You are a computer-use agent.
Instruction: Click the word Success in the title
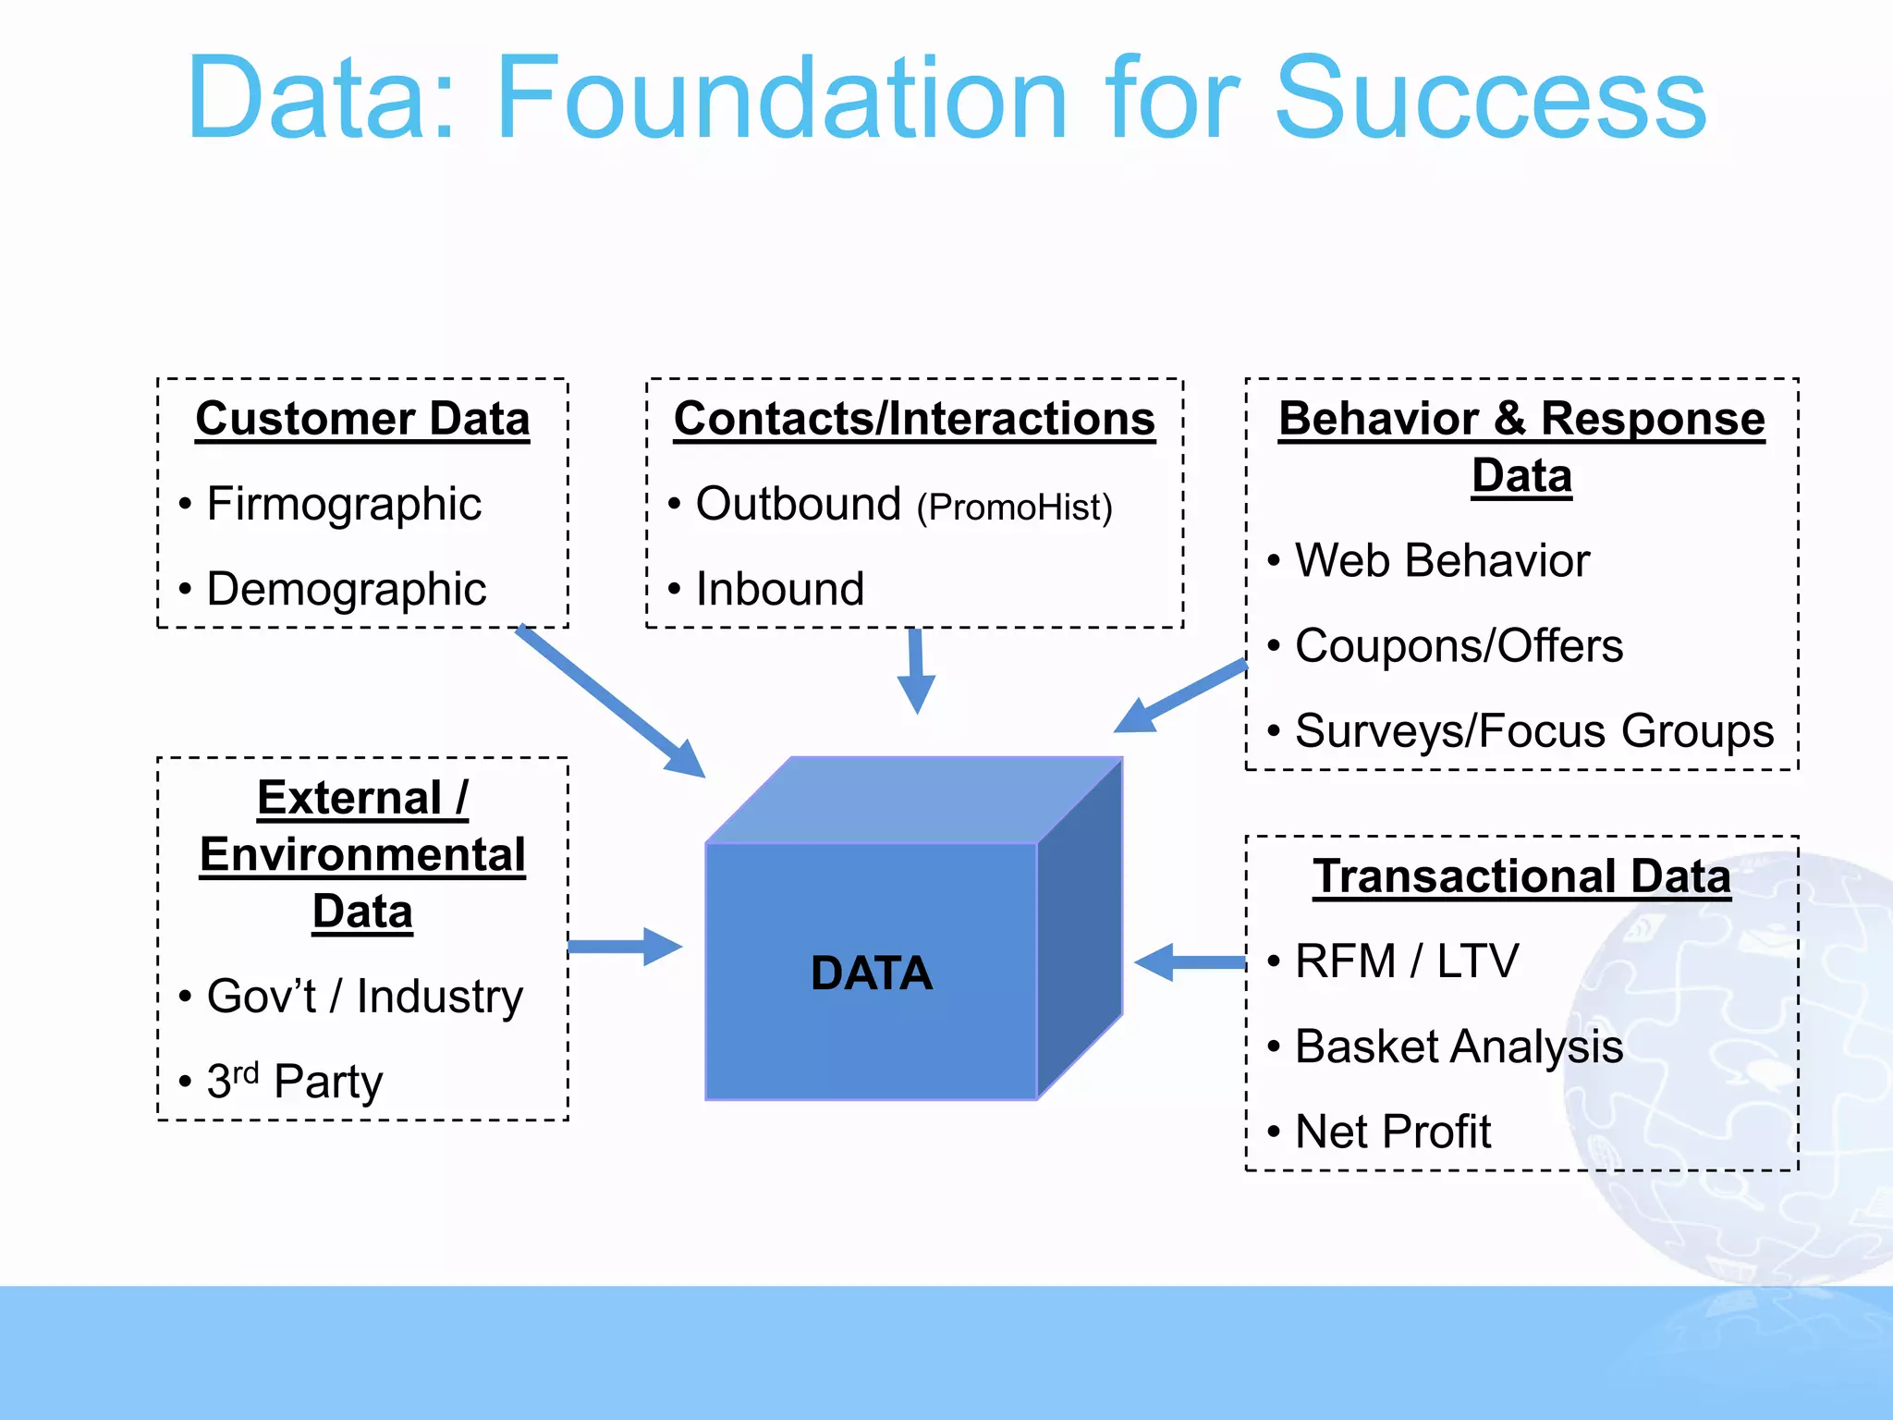tap(1490, 98)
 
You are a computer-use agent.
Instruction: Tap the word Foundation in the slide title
tap(781, 98)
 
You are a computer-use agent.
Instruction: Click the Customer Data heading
tap(362, 419)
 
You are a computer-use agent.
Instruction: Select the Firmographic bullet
tap(344, 505)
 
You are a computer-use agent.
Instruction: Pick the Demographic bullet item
tap(346, 590)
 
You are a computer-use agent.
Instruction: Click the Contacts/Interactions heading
tap(914, 419)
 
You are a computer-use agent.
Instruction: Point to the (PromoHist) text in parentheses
tap(1014, 508)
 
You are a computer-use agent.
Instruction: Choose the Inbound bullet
tap(779, 590)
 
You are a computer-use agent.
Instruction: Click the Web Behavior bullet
tap(1442, 561)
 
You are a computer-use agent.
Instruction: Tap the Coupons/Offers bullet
tap(1459, 646)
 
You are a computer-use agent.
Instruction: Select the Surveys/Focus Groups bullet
tap(1534, 731)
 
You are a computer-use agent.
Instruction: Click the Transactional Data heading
tap(1521, 876)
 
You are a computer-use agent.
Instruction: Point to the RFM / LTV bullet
tap(1406, 961)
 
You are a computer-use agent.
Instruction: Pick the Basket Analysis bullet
tap(1459, 1047)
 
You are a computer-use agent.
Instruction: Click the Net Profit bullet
tap(1393, 1132)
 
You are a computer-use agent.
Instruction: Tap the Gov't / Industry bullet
tap(364, 997)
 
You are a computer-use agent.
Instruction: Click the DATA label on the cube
tap(871, 973)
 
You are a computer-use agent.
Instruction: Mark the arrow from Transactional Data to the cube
tap(1191, 962)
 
